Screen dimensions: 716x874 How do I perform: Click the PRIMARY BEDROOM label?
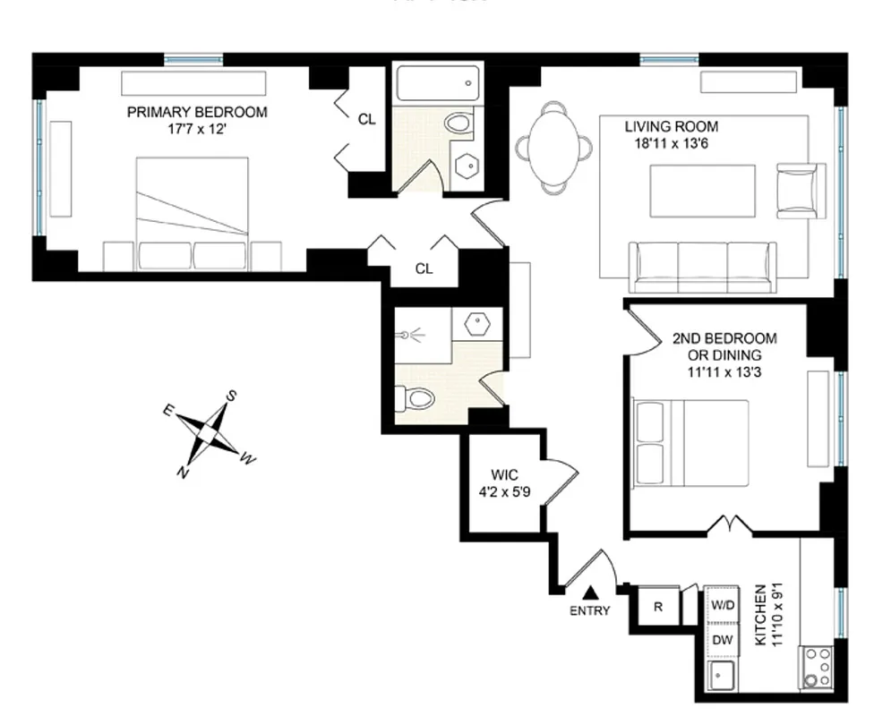click(196, 112)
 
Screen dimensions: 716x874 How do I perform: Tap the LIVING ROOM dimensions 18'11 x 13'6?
click(671, 142)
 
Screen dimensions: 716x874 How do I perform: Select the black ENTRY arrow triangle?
click(589, 592)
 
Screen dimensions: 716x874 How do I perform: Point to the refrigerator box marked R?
click(657, 606)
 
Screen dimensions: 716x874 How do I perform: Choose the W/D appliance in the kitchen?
click(722, 606)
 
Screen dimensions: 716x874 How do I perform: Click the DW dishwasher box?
click(722, 640)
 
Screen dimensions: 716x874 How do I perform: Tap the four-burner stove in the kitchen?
click(816, 667)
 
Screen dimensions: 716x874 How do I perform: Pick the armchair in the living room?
click(799, 190)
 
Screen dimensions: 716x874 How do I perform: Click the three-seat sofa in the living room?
click(702, 267)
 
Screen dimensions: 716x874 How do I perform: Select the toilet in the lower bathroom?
click(416, 397)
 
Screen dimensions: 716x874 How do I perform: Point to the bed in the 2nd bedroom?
click(690, 442)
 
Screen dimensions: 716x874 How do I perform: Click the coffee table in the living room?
click(702, 191)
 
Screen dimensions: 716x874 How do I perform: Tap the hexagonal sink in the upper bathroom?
click(466, 167)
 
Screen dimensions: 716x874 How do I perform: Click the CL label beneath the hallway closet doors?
click(424, 268)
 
